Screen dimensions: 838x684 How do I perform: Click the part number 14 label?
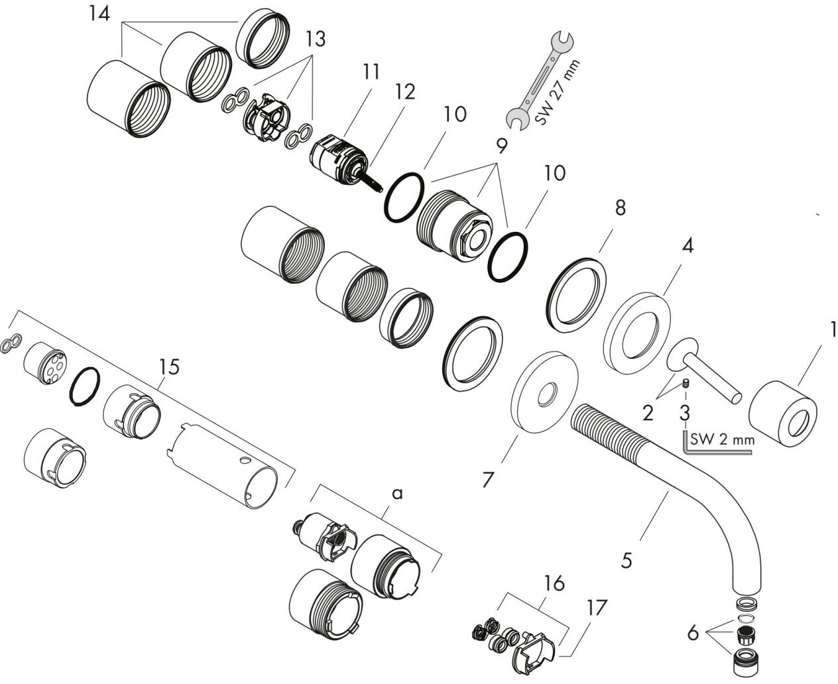99,15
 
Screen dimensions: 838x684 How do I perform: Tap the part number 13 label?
316,39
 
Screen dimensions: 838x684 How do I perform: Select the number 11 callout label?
371,72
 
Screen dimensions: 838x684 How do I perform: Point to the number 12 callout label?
405,91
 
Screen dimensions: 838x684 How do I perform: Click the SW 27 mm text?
557,92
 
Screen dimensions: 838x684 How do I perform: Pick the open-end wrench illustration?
540,82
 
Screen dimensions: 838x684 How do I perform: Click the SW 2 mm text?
722,439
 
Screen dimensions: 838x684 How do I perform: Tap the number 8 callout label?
621,207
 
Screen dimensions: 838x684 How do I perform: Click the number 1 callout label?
833,329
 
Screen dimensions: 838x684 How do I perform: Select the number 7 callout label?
488,479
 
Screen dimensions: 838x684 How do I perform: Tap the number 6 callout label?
693,633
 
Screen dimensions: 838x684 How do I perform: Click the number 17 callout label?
597,607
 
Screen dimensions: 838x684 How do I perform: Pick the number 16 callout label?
554,583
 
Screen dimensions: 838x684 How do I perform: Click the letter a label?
397,494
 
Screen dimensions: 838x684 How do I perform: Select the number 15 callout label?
169,367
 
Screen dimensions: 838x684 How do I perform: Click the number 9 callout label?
502,146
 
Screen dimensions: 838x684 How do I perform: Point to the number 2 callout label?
648,414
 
